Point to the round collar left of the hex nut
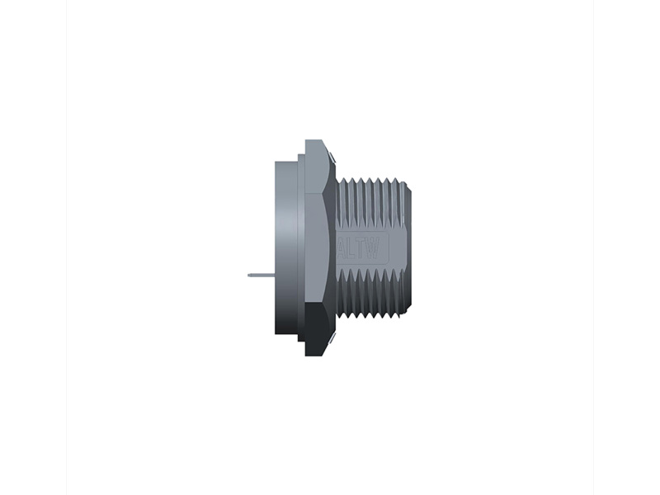coord(287,247)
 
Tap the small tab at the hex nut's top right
coord(331,157)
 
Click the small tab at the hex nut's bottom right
coord(331,339)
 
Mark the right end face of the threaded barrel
coord(408,247)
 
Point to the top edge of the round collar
coord(287,162)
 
